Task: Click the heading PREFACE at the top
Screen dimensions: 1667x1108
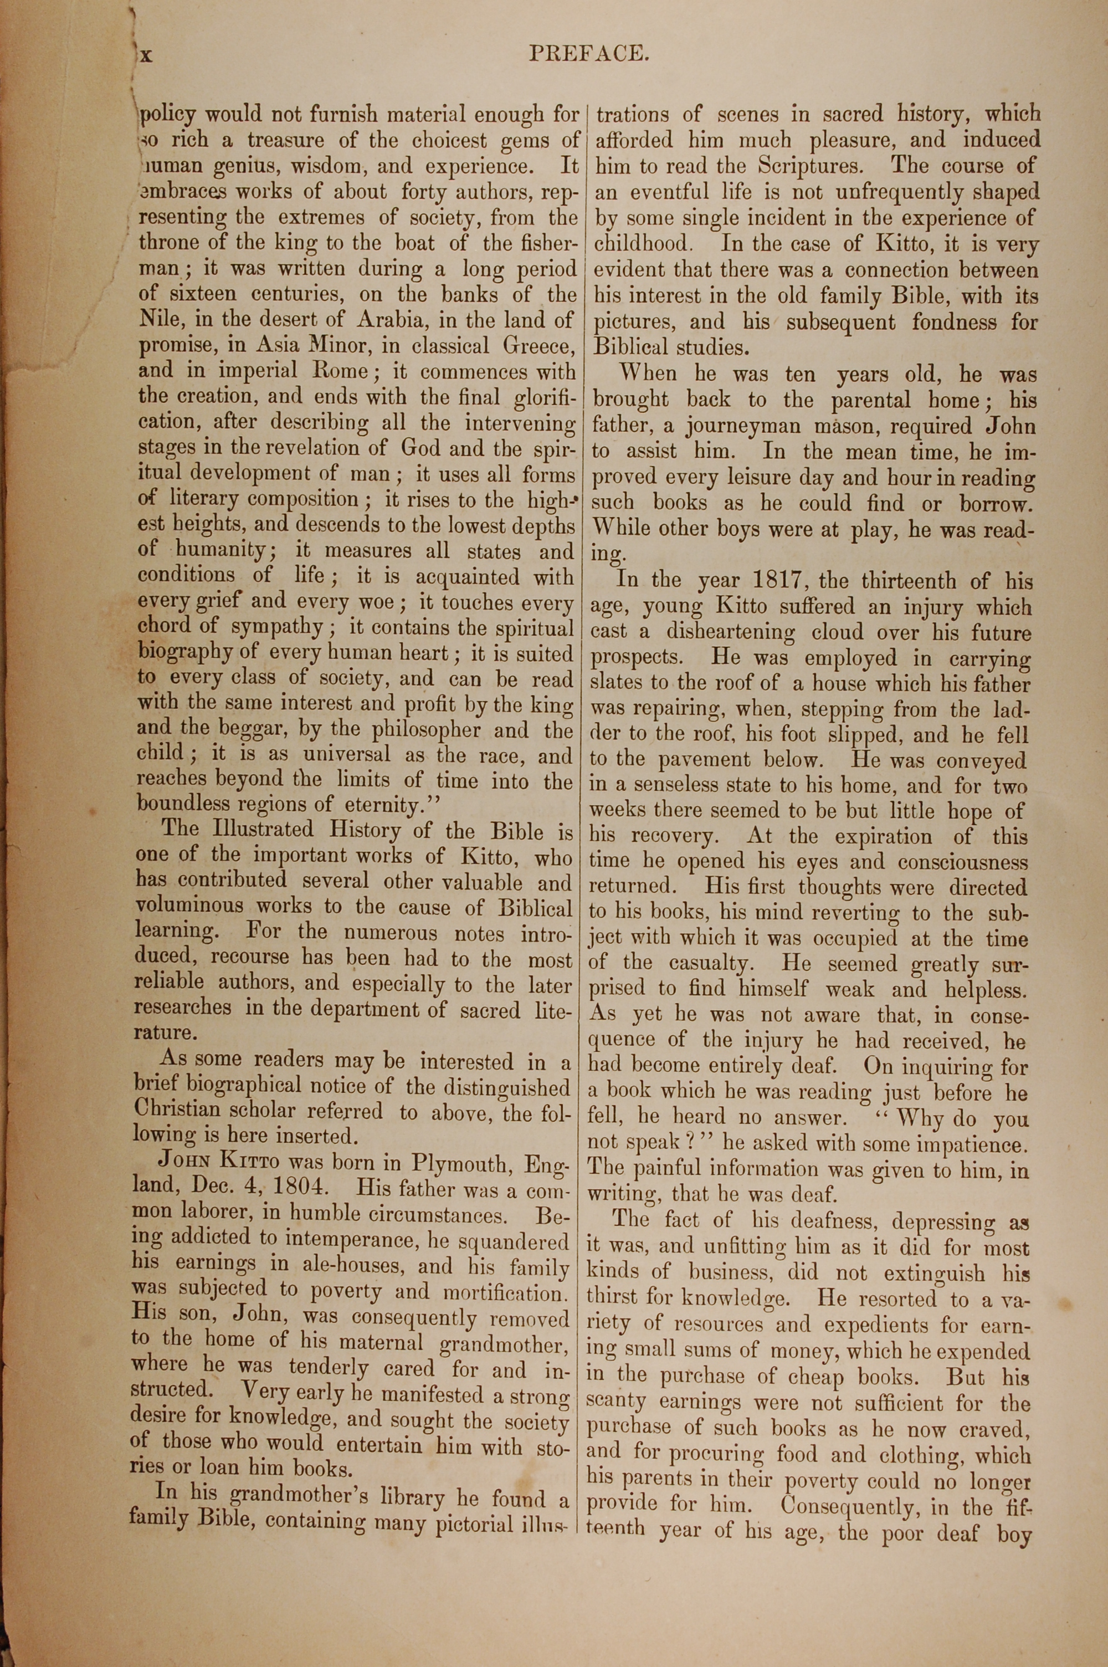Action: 588,54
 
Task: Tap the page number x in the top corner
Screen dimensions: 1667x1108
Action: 146,54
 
